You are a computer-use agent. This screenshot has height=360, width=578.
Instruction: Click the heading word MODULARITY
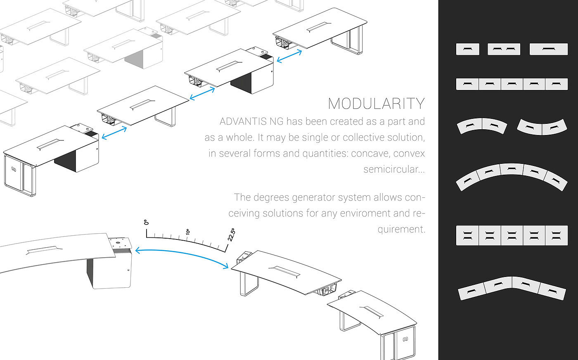[x=376, y=104]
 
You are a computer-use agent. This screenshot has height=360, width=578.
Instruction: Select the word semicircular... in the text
[x=394, y=169]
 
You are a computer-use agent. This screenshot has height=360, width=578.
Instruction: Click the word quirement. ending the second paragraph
[x=401, y=229]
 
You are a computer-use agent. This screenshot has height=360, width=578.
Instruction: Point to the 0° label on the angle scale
[x=146, y=222]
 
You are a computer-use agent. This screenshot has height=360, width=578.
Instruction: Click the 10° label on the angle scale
[x=188, y=232]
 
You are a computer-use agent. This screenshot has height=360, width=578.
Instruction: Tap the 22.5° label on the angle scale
[x=232, y=234]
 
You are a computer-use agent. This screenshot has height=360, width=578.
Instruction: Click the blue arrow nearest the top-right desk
[x=289, y=56]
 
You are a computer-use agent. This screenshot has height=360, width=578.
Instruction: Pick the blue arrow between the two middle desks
[x=202, y=93]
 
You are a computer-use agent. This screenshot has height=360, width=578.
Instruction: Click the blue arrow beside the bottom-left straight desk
[x=114, y=133]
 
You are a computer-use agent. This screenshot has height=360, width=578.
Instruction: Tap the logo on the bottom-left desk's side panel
[x=14, y=169]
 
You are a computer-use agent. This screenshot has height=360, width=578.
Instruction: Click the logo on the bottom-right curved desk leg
[x=405, y=339]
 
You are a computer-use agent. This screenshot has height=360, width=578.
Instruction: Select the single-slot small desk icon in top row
[x=467, y=49]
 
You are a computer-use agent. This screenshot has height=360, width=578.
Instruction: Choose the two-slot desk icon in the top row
[x=504, y=49]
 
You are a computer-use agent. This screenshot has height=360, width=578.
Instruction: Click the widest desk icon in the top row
[x=549, y=49]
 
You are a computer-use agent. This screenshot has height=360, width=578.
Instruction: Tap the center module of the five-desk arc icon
[x=512, y=169]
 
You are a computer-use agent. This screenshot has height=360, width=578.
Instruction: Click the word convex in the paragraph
[x=409, y=154]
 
